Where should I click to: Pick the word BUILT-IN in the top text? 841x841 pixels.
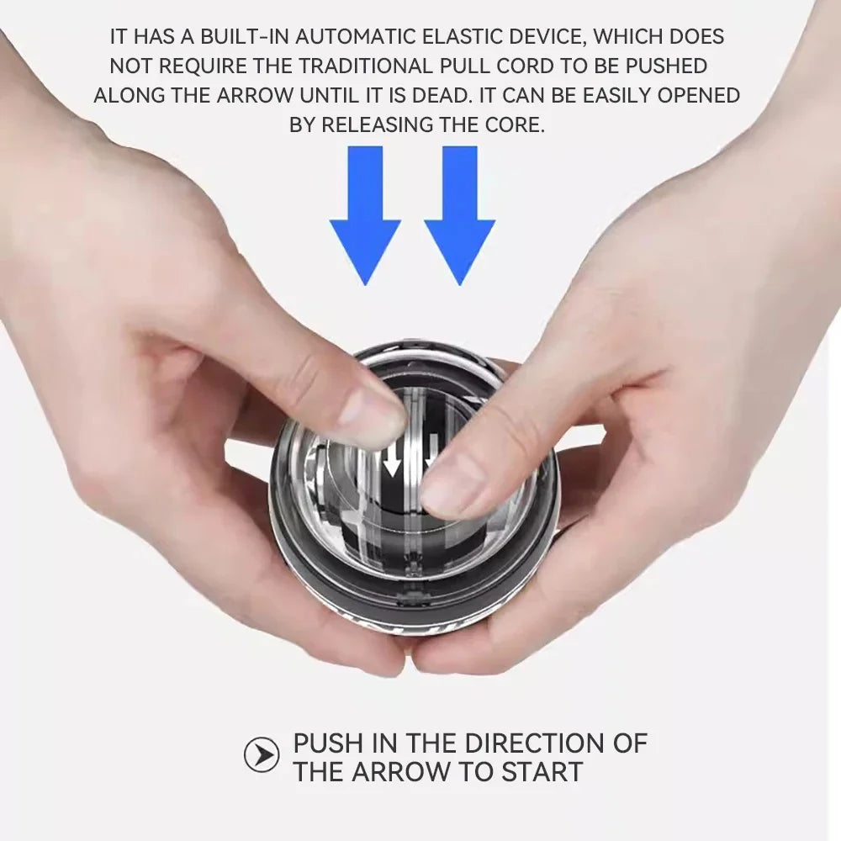pos(227,37)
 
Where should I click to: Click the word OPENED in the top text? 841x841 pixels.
pos(699,96)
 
